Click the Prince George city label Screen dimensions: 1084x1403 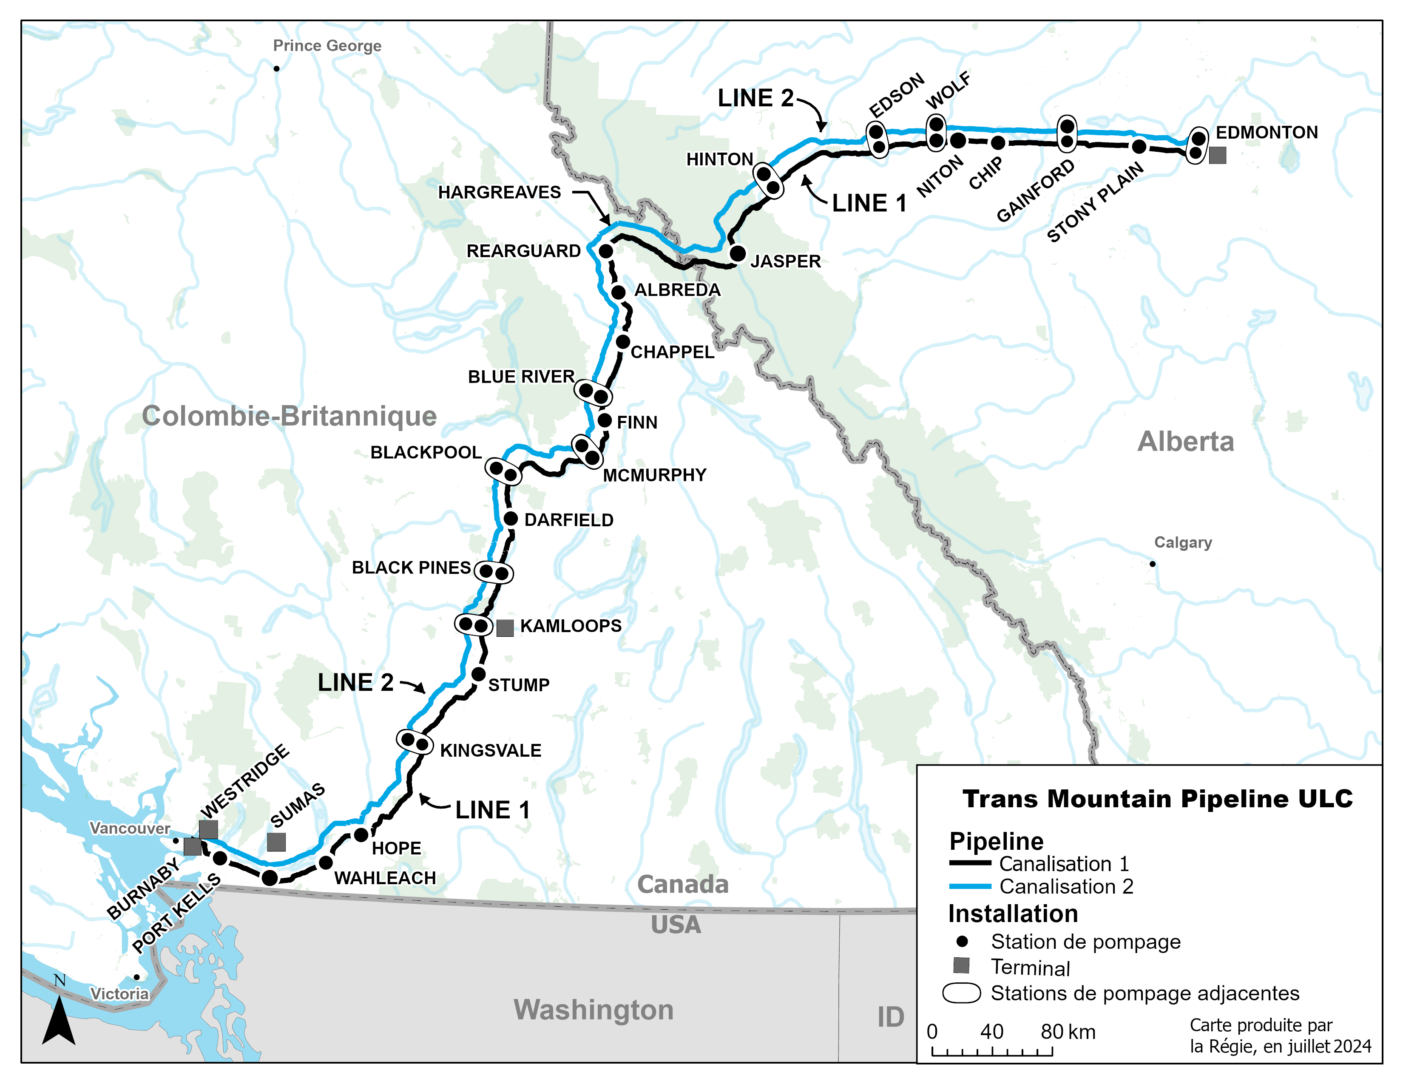[327, 45]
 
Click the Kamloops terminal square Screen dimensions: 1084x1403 [505, 628]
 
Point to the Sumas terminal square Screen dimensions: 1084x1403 [276, 842]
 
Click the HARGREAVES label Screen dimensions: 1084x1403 [499, 192]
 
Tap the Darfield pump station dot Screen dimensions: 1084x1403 [511, 519]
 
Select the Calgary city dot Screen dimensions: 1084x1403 [1153, 564]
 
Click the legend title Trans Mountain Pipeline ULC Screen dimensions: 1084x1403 [1158, 799]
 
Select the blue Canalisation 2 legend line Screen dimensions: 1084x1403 [970, 886]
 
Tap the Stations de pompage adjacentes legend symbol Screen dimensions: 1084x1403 [962, 993]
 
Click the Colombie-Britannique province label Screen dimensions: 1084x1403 [289, 416]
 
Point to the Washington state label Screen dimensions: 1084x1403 [593, 1010]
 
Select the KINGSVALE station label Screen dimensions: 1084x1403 [490, 750]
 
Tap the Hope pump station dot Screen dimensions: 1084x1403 [361, 835]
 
